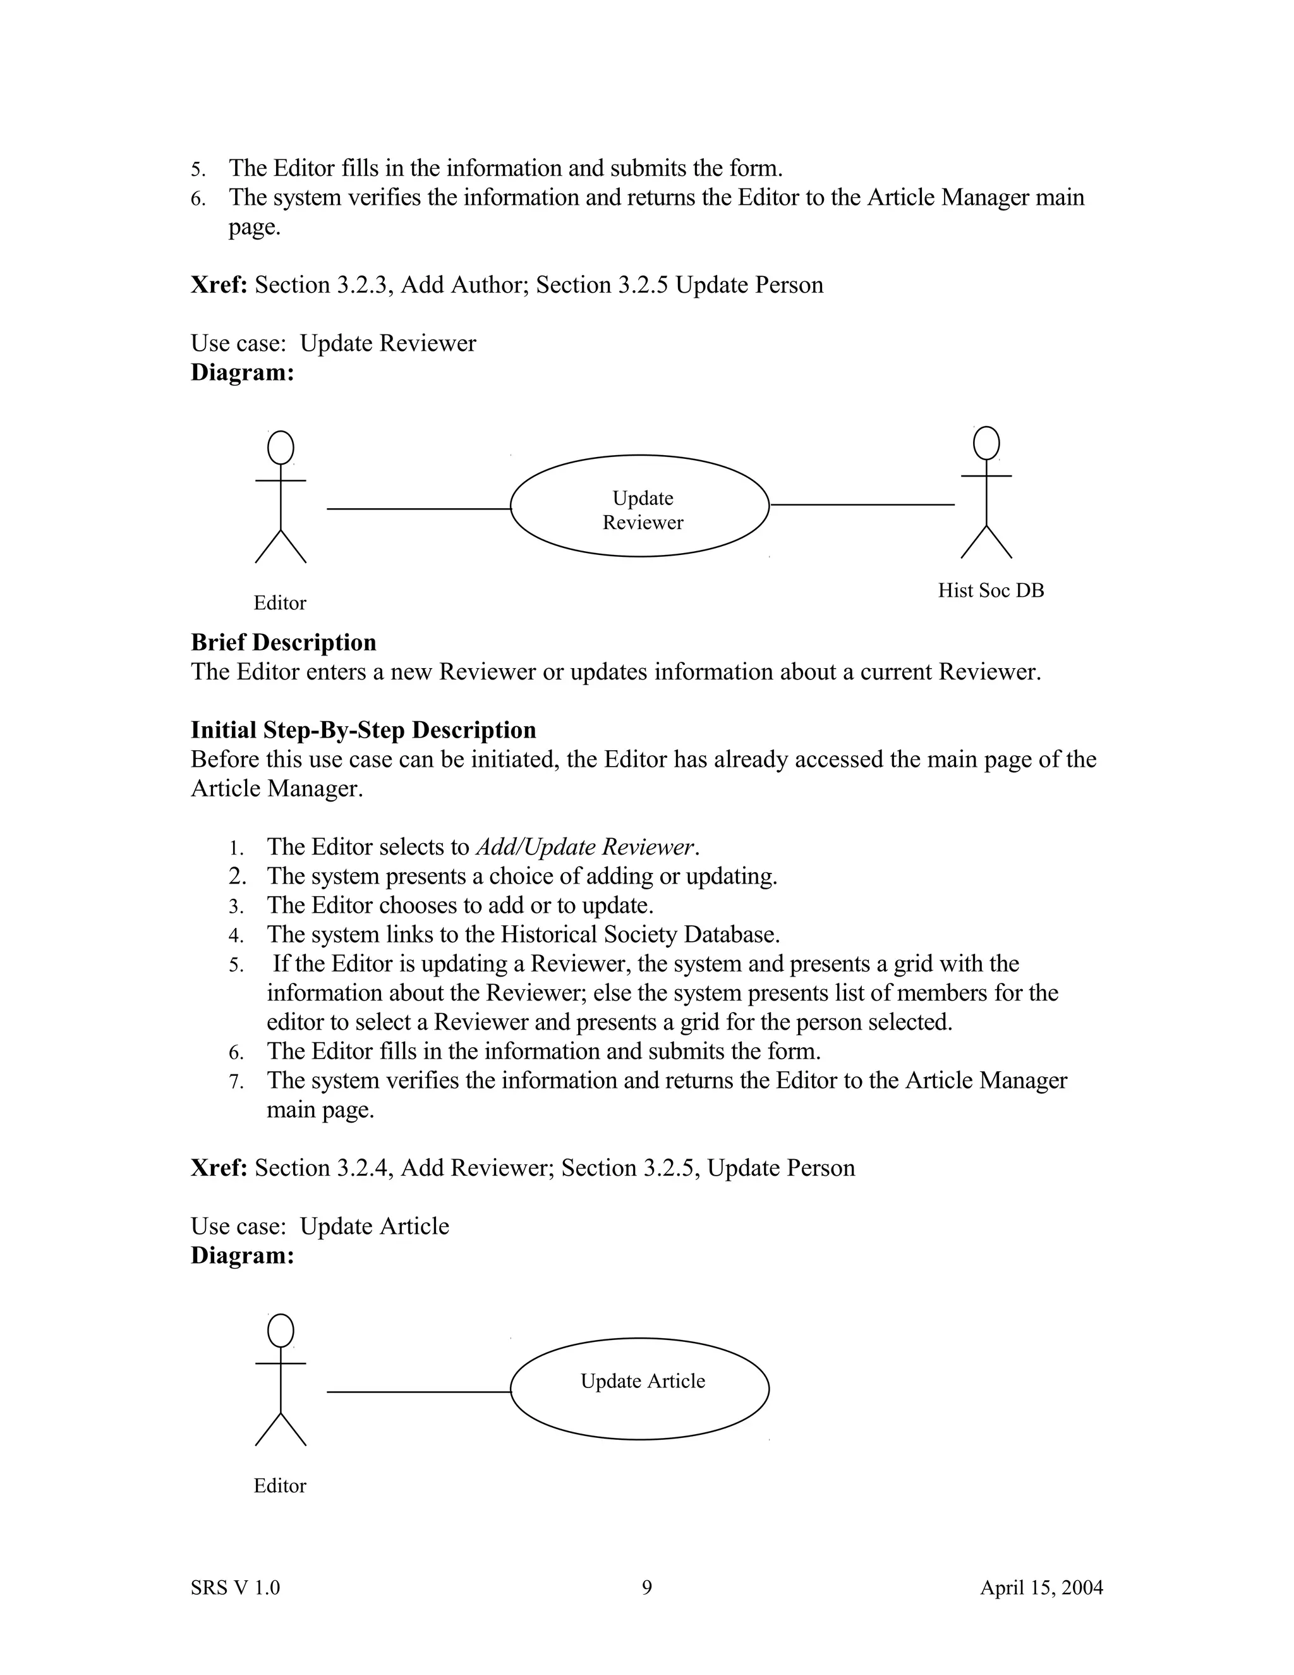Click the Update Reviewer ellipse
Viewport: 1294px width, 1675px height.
point(639,506)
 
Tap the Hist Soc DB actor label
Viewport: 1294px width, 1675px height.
point(991,590)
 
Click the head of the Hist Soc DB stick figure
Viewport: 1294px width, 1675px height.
point(986,443)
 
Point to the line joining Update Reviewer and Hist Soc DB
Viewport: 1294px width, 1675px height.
point(862,504)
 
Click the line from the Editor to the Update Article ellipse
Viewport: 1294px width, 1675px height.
point(418,1391)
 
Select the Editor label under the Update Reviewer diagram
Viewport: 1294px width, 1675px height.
point(280,604)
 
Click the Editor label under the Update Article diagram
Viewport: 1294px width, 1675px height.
point(280,1485)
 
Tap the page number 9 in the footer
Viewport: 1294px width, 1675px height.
point(646,1587)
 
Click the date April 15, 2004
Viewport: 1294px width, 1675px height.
point(1041,1587)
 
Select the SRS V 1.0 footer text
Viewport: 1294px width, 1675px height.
point(235,1587)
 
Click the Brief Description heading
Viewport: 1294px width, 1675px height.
point(284,642)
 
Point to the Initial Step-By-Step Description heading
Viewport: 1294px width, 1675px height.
point(363,729)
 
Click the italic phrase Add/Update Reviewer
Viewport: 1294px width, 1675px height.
point(586,847)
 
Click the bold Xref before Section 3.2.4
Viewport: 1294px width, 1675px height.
point(219,1167)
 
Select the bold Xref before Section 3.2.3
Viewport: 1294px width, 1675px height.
point(219,284)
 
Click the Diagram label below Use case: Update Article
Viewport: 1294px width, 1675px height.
point(242,1255)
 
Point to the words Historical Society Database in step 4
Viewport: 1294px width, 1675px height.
point(639,934)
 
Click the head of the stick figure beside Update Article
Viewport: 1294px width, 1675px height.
point(281,1331)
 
